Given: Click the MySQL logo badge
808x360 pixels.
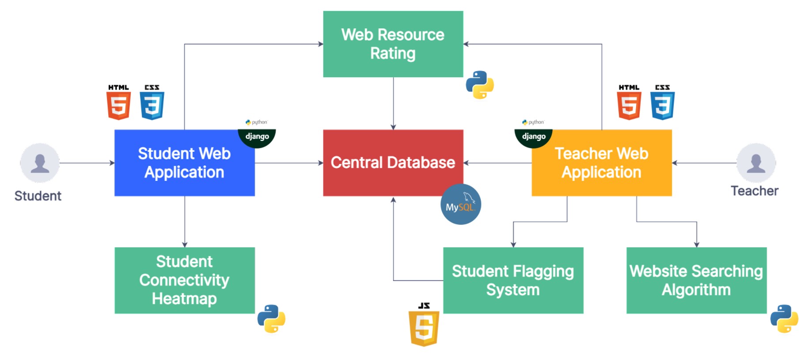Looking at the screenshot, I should coord(460,205).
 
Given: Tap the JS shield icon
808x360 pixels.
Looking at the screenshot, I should coord(424,327).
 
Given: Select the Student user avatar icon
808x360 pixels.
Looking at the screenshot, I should coord(40,163).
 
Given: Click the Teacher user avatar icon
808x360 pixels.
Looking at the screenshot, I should coord(756,163).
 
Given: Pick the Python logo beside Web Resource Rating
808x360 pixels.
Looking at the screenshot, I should coord(480,84).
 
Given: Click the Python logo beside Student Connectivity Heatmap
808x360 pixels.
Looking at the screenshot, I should coord(271,318).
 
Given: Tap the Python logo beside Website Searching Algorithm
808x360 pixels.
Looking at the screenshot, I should coord(784,318).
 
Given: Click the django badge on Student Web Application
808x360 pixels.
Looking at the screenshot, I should coord(257,136).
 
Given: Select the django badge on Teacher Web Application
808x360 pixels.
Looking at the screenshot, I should coord(534,136).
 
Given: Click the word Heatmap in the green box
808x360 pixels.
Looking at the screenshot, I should coord(184,299).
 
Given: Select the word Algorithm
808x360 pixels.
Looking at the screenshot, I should coord(696,290).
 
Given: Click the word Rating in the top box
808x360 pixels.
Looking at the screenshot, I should coord(393,53).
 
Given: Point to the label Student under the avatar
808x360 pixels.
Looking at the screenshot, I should coord(38,196).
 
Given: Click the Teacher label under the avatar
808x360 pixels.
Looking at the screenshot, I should coord(755,191).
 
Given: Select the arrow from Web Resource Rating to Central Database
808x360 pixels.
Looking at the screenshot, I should coord(393,103).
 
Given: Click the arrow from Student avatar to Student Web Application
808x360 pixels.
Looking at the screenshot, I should coord(87,163).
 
